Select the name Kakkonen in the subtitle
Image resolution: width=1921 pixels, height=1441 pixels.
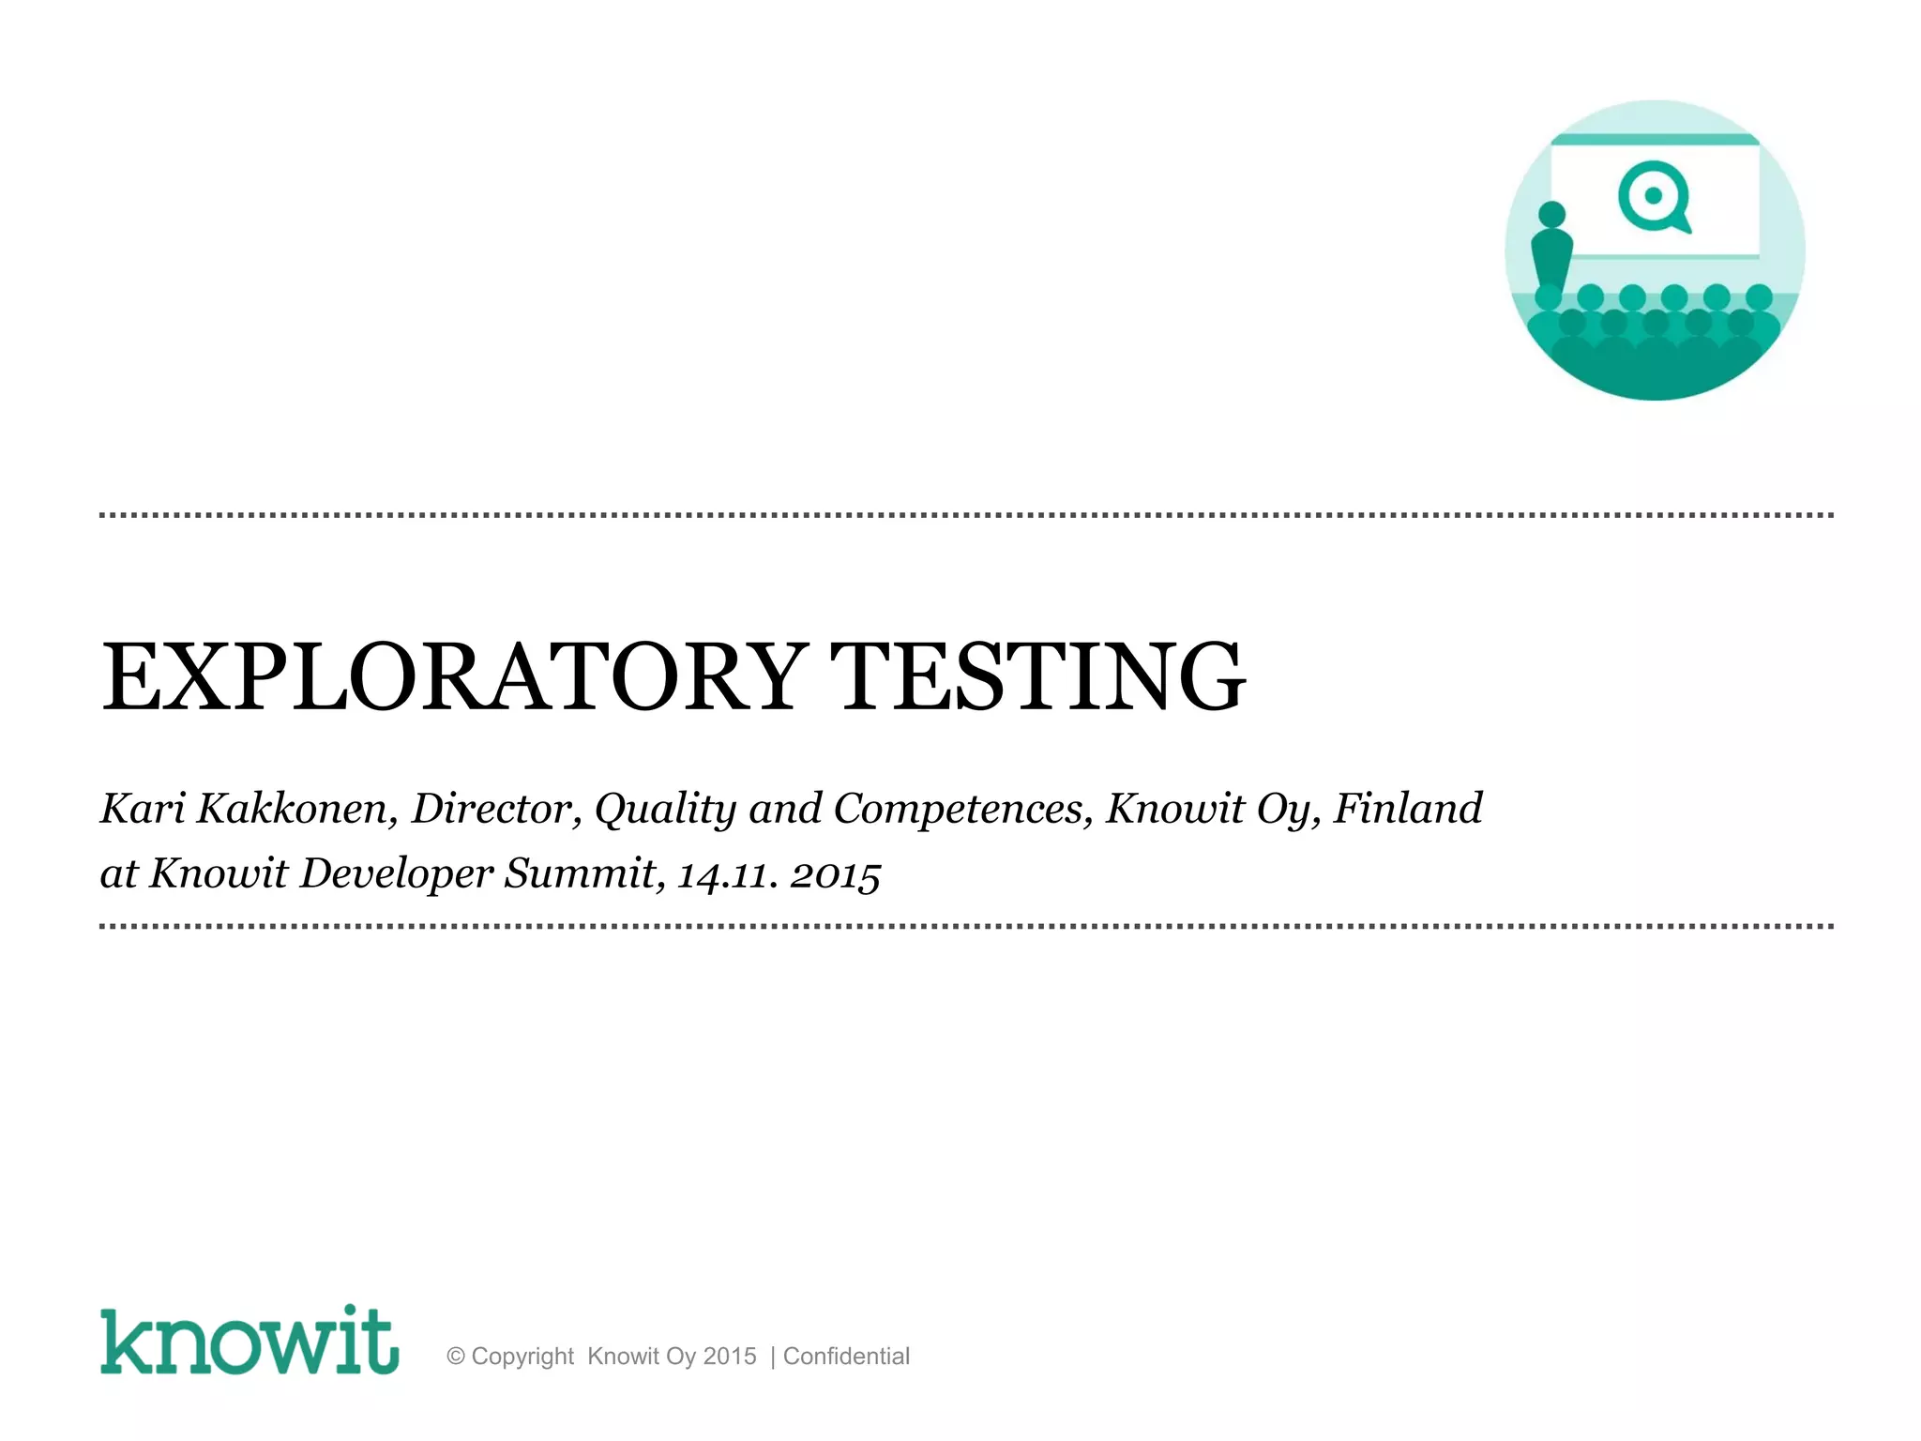pos(293,809)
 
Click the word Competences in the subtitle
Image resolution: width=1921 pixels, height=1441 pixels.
pos(962,809)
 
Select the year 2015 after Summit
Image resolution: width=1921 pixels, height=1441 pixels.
pos(835,875)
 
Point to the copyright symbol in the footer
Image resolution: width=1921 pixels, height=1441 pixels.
pos(456,1357)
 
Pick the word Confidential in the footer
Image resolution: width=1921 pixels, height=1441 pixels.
pos(846,1357)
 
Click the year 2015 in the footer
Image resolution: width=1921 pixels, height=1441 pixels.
pos(730,1357)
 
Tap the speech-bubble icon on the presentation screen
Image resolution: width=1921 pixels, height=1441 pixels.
pos(1654,197)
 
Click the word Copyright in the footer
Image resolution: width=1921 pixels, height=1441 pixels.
pos(522,1357)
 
